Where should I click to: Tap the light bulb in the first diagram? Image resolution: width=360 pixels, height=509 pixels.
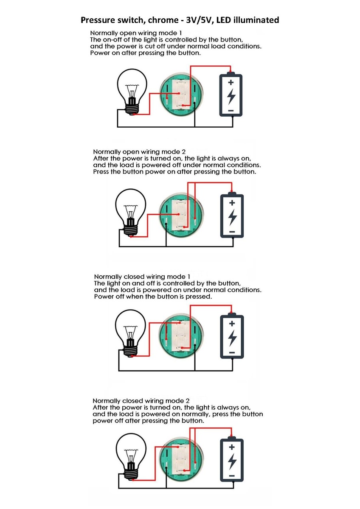[132, 92]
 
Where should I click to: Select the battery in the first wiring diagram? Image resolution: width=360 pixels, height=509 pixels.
[231, 94]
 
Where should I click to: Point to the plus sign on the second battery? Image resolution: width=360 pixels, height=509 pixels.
[232, 202]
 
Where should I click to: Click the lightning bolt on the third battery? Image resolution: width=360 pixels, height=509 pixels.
[232, 338]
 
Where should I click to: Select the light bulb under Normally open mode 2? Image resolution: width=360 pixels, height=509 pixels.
[130, 213]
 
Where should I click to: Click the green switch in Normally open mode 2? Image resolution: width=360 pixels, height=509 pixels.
[181, 215]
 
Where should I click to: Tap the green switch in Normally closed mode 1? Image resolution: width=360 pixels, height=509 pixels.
[181, 336]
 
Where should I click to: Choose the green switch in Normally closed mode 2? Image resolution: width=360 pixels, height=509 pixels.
[181, 459]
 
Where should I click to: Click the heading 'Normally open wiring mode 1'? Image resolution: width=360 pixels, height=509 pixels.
[136, 33]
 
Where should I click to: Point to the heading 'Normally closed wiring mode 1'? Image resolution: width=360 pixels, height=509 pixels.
[142, 277]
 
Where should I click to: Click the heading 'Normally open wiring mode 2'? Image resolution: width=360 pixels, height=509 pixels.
[139, 151]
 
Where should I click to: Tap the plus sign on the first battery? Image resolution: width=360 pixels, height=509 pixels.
[231, 82]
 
